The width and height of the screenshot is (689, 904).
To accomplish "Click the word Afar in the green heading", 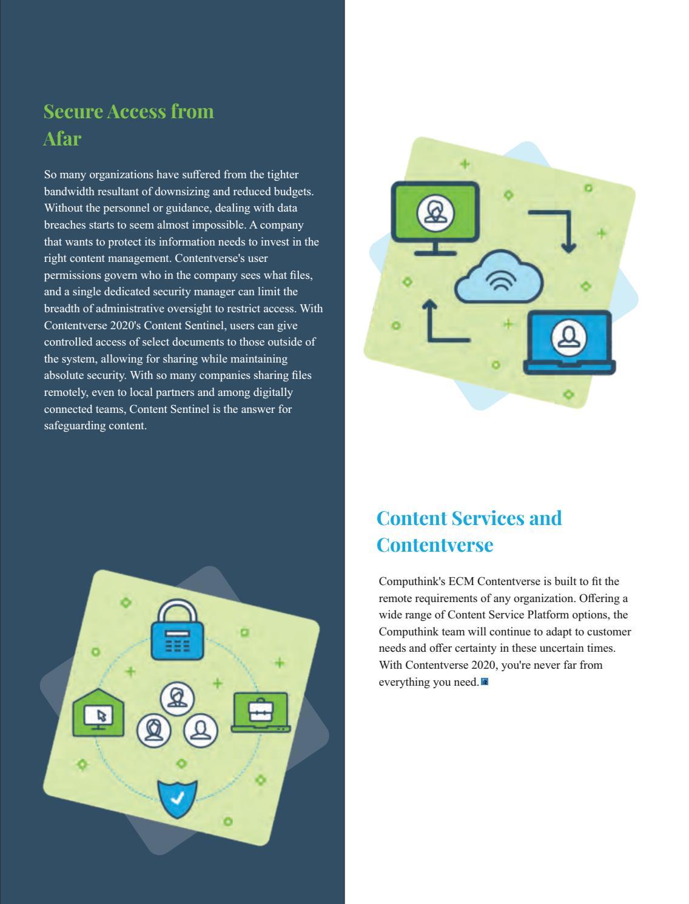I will point(62,138).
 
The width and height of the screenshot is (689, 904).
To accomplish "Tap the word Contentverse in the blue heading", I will point(435,544).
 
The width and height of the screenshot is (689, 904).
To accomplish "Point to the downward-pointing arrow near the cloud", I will point(560,230).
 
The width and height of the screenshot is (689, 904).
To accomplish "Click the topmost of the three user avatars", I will point(177,697).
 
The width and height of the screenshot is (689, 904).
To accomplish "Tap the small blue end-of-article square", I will point(485,682).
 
